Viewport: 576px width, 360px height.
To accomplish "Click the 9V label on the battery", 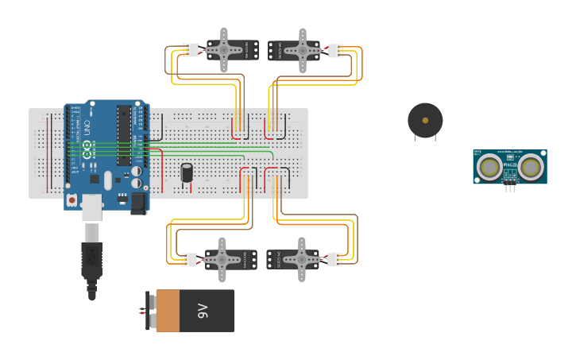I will (x=203, y=311).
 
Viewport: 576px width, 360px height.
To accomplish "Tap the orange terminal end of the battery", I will (x=168, y=311).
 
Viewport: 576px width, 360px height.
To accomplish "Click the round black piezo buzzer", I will (x=425, y=120).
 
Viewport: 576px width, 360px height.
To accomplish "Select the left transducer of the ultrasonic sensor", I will (x=489, y=167).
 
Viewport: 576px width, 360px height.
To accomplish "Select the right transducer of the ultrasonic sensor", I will (x=530, y=167).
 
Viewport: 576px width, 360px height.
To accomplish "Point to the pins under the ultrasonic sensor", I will (x=510, y=188).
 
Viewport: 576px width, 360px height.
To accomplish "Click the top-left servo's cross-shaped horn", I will (x=223, y=50).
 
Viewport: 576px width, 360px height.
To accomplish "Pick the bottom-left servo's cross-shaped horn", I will (x=222, y=259).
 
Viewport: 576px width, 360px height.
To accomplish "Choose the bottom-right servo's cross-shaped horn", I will (x=301, y=259).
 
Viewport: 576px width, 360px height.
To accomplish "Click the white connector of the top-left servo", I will (x=191, y=50).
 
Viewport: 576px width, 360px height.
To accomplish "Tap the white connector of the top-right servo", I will (x=336, y=50).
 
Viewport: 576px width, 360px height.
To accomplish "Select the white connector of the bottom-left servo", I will (x=189, y=260).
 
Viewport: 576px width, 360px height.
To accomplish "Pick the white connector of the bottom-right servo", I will (x=334, y=260).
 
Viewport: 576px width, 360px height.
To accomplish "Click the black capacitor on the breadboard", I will (x=187, y=172).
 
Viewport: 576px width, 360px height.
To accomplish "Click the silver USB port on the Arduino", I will (x=92, y=207).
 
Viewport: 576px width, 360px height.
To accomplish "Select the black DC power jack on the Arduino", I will (x=138, y=203).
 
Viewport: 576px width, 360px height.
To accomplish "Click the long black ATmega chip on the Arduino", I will (x=124, y=135).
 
